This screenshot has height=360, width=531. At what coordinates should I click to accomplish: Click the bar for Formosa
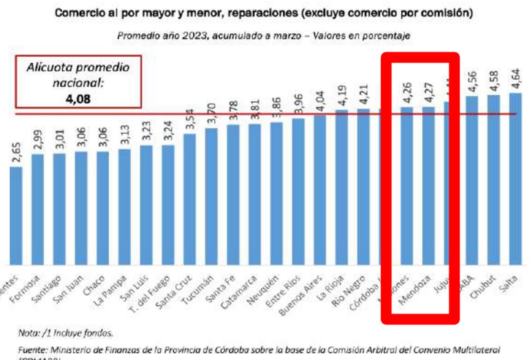(x=38, y=208)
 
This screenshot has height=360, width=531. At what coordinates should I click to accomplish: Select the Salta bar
(x=516, y=177)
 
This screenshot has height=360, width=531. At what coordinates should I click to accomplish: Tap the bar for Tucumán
(x=212, y=195)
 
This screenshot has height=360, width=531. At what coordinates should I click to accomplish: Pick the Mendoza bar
(x=428, y=186)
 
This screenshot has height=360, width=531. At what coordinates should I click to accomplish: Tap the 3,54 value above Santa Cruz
(x=190, y=120)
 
